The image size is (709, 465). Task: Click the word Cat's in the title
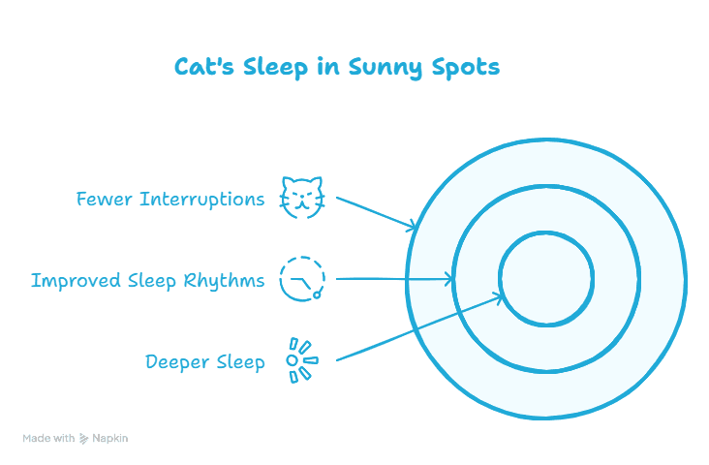coord(204,67)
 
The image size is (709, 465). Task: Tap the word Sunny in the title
coord(385,69)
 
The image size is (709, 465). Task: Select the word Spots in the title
coord(466,69)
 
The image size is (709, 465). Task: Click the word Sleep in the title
coord(275,69)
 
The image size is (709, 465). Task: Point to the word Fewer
coord(104,199)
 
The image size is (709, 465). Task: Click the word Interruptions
coord(202,200)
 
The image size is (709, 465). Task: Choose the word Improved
coord(76,281)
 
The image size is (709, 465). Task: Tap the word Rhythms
coord(224,280)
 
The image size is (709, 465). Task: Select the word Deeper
coord(177,362)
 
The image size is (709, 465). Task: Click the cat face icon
coord(302,198)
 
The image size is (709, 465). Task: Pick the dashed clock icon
coord(302,279)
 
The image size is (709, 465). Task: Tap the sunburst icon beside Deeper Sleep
coord(302,360)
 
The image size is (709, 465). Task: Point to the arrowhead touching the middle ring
coord(448,279)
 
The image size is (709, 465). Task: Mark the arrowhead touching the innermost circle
coord(498,297)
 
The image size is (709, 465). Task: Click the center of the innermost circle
coord(546,279)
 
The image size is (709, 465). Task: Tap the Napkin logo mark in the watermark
coord(83,438)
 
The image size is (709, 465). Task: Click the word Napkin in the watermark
coord(109,438)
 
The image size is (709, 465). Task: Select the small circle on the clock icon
coord(317,295)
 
